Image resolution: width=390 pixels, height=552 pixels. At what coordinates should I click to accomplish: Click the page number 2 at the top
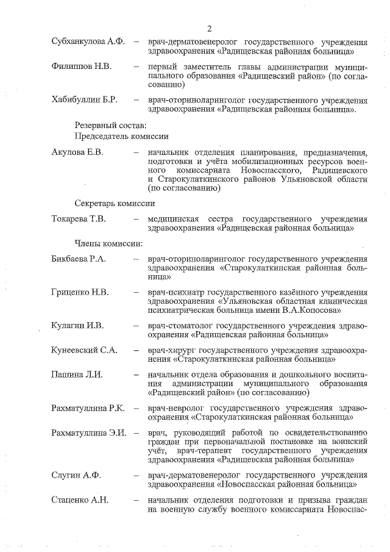(208, 29)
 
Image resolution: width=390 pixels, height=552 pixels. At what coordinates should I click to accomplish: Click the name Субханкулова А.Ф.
(88, 41)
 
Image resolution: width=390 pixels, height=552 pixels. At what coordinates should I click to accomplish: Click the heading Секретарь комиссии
(115, 203)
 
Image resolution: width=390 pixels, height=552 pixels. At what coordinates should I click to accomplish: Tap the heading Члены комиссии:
(108, 244)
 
